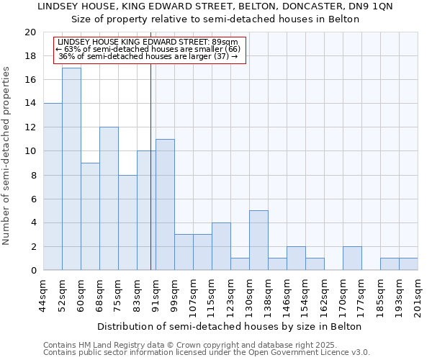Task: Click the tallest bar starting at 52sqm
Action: coord(71,169)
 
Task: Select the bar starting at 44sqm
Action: coord(53,187)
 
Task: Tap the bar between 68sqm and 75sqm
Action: coord(109,199)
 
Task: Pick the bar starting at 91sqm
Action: coord(165,205)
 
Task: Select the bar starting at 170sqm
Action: coord(352,258)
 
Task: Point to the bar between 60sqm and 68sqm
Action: coord(90,217)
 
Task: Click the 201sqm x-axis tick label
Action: coord(418,294)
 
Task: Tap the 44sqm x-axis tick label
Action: coord(44,294)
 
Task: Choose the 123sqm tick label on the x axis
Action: coord(231,294)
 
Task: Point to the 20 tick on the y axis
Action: coord(30,32)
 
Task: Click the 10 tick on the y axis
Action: coord(30,151)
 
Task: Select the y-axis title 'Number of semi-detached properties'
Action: coord(7,156)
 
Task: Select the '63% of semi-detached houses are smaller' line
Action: coord(150,49)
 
